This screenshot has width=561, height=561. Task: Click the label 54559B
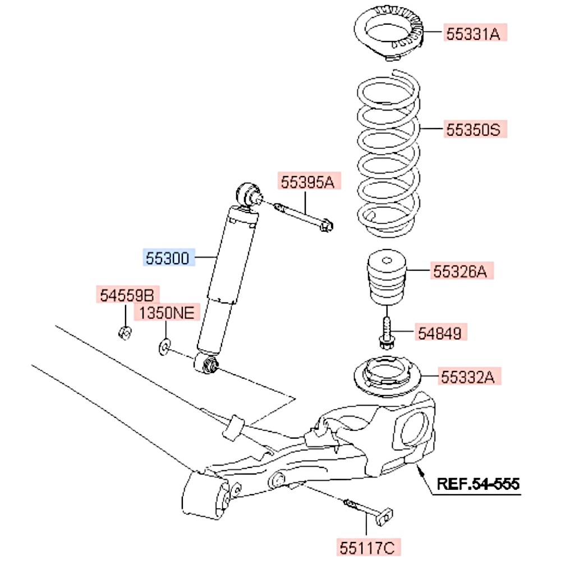point(126,295)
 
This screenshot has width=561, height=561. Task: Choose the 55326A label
point(462,272)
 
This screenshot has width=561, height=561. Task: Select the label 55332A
point(470,376)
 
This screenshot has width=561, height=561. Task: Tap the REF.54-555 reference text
point(479,483)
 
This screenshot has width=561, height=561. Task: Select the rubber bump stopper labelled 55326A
point(386,278)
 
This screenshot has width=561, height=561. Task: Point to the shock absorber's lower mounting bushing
point(207,364)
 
